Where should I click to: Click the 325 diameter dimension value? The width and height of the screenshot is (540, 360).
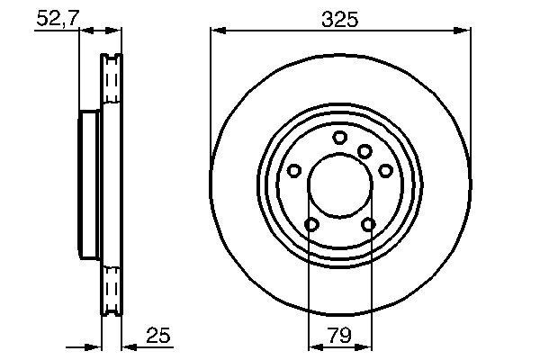pos(340,19)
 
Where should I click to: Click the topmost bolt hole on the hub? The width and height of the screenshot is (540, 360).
pos(339,137)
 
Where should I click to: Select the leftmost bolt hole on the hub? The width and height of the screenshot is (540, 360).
pos(294,171)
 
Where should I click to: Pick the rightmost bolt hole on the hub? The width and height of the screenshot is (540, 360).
pos(385,171)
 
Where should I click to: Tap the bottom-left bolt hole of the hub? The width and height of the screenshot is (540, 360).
pos(311,224)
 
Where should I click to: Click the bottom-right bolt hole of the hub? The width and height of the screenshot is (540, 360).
pos(368,224)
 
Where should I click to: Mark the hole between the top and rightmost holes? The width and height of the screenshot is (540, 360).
pos(364,151)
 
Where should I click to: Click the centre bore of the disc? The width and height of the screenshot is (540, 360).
pos(339,186)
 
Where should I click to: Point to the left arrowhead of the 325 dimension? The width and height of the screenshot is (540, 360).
pos(216,31)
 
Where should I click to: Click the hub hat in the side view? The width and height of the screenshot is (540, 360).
pos(89,186)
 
